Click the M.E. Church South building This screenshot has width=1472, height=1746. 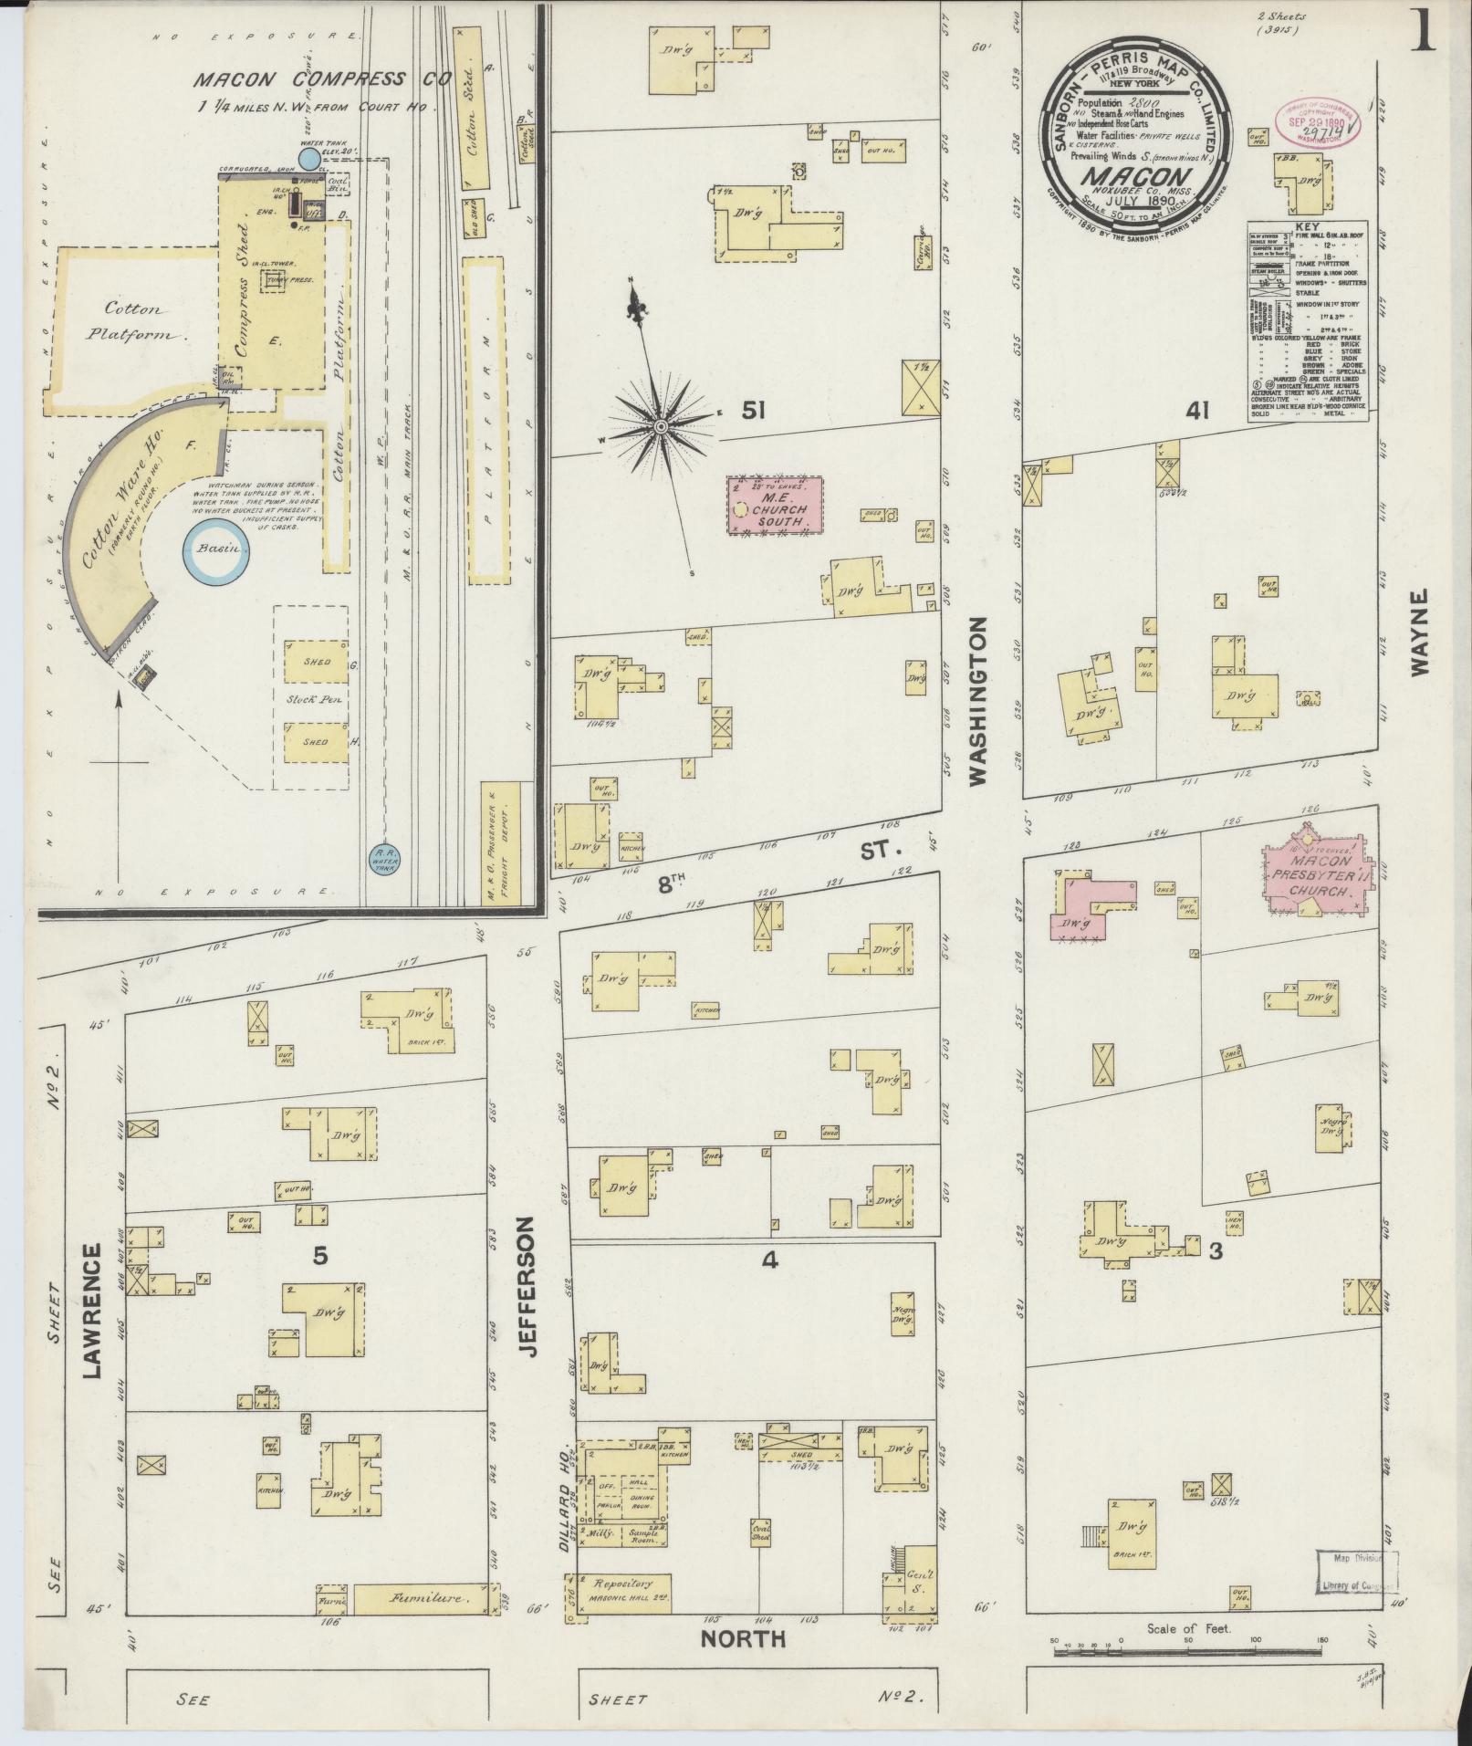[775, 505]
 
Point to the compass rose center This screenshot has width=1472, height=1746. [660, 426]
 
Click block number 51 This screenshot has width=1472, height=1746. [752, 412]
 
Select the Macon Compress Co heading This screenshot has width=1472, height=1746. [322, 80]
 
